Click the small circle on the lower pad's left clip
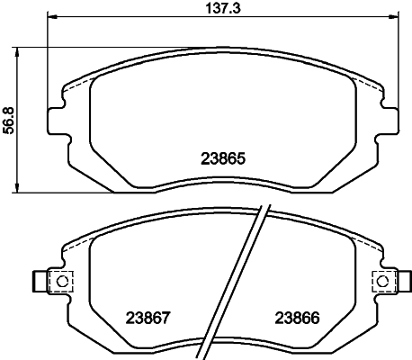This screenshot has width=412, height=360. click(x=62, y=282)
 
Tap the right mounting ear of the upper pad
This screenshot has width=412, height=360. click(x=390, y=120)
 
